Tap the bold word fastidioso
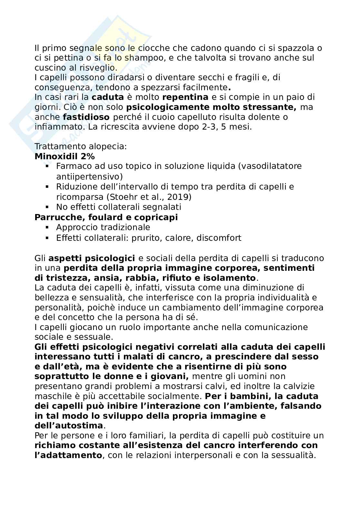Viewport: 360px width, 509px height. pyautogui.click(x=86, y=117)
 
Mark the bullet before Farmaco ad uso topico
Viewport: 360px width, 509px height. pyautogui.click(x=47, y=167)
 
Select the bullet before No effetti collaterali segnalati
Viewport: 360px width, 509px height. pyautogui.click(x=47, y=207)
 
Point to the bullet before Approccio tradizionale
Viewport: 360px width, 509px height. pyautogui.click(x=47, y=228)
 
